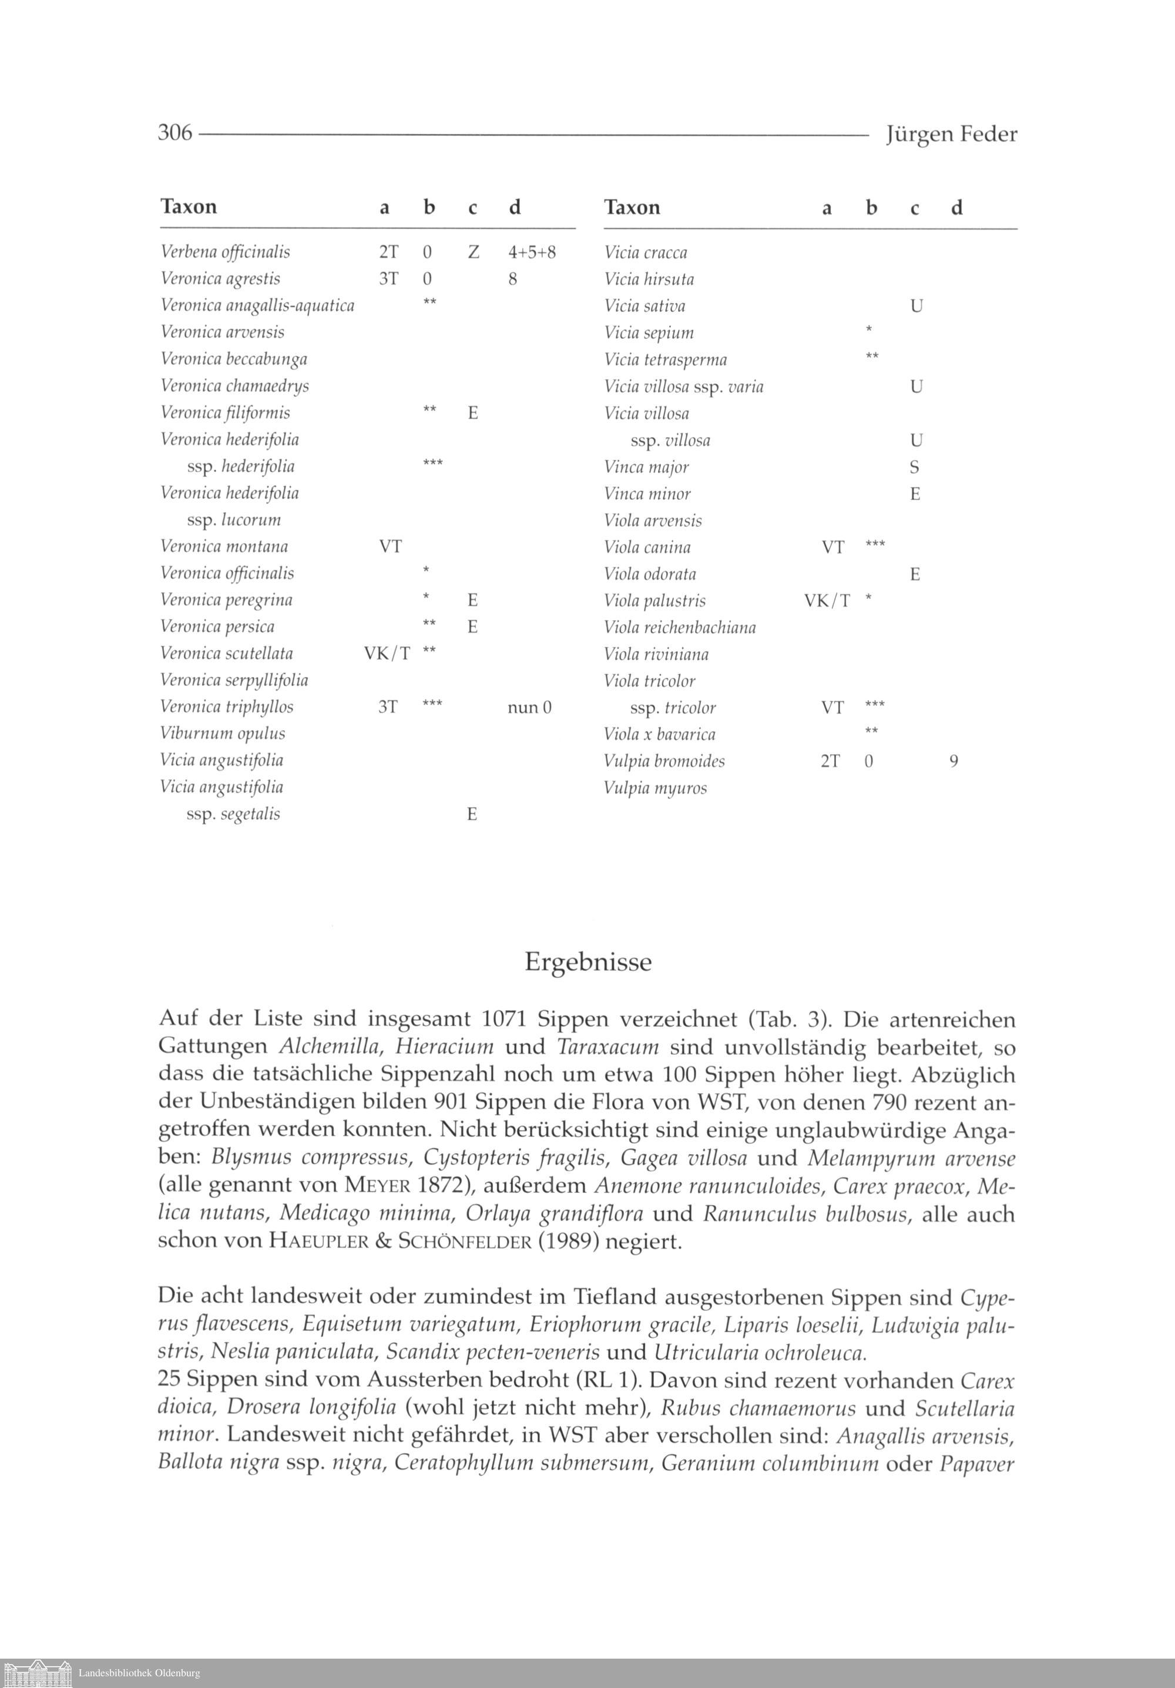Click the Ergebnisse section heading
(587, 963)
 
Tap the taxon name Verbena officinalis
(225, 252)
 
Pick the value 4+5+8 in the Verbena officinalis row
(532, 252)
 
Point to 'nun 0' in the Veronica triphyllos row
(529, 707)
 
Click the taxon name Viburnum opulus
(222, 734)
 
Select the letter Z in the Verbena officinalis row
(474, 252)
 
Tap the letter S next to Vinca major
(915, 468)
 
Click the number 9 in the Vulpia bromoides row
(954, 762)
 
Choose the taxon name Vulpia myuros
(654, 788)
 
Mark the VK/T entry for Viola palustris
(827, 601)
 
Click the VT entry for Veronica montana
(391, 547)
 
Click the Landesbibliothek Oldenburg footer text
(139, 1673)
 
